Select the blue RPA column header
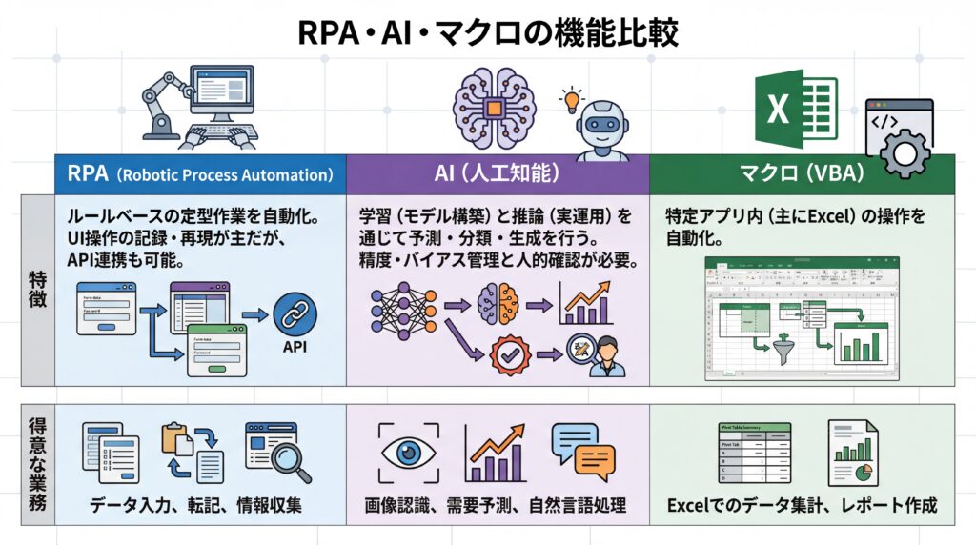tap(200, 175)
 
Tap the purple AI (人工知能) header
tap(497, 175)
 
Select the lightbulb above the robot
tap(572, 98)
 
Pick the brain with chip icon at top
tap(495, 110)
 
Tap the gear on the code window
tap(906, 152)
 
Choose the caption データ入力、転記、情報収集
tap(196, 505)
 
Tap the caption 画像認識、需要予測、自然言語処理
tap(496, 505)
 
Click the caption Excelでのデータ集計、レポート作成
tap(801, 505)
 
